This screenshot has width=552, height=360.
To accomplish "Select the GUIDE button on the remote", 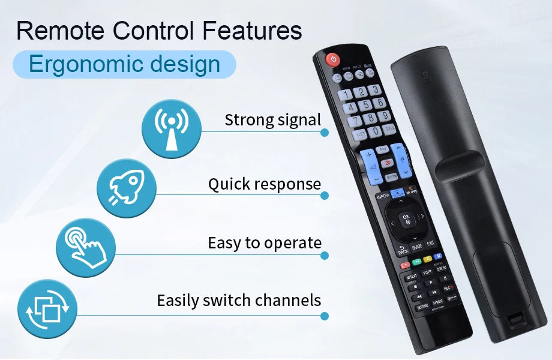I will click(x=417, y=246).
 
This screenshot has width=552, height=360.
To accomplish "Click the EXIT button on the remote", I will click(x=430, y=243).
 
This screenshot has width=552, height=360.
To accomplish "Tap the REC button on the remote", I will click(x=447, y=289).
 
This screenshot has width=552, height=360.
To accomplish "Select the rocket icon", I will click(x=127, y=188).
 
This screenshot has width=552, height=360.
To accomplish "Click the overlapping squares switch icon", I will click(x=47, y=309).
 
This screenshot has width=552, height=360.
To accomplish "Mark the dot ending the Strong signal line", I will click(x=325, y=131).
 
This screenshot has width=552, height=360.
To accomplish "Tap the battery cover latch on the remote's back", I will click(x=515, y=321).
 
